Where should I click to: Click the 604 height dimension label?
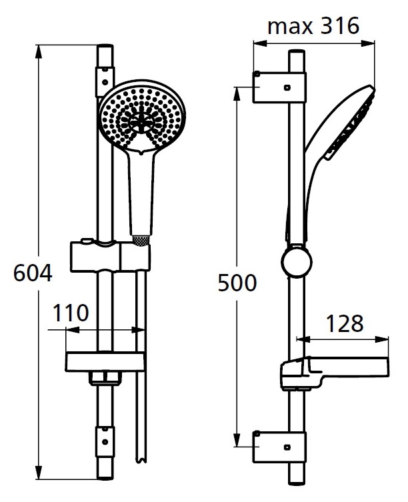click(x=33, y=273)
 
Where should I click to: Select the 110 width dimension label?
click(x=71, y=313)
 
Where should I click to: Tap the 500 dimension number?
click(x=237, y=283)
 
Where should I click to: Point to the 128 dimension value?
click(x=345, y=323)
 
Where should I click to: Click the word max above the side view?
click(x=290, y=26)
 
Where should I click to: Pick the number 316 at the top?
click(x=339, y=25)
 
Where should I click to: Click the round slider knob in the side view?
click(x=297, y=263)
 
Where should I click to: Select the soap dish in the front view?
click(x=105, y=362)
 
